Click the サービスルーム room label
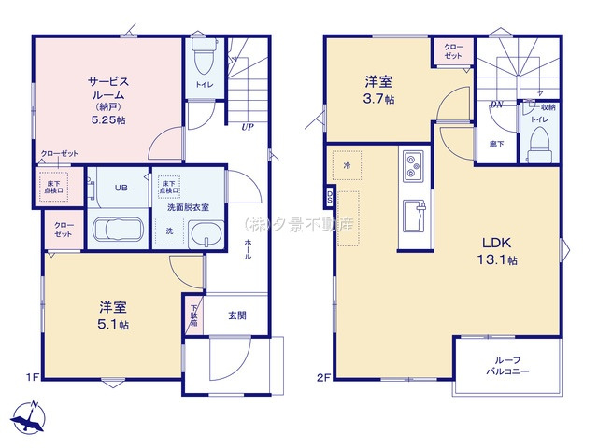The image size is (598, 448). [x=108, y=89]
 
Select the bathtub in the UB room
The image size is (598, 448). [x=117, y=230]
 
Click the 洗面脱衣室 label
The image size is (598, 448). [x=188, y=206]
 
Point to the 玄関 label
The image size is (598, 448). [x=237, y=315]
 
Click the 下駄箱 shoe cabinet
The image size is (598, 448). [x=194, y=315]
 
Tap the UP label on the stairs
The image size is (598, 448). [x=248, y=127]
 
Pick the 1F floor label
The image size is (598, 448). [x=32, y=377]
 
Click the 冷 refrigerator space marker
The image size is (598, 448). [x=346, y=165]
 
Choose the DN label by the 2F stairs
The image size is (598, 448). [x=496, y=105]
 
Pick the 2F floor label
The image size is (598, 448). [x=323, y=377]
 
